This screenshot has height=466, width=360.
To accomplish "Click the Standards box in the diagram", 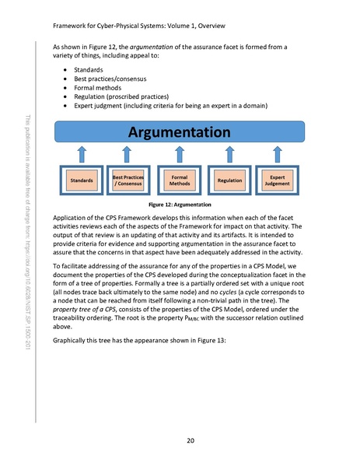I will click(x=82, y=180).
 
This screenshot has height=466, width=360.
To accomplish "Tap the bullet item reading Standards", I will click(x=86, y=69).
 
